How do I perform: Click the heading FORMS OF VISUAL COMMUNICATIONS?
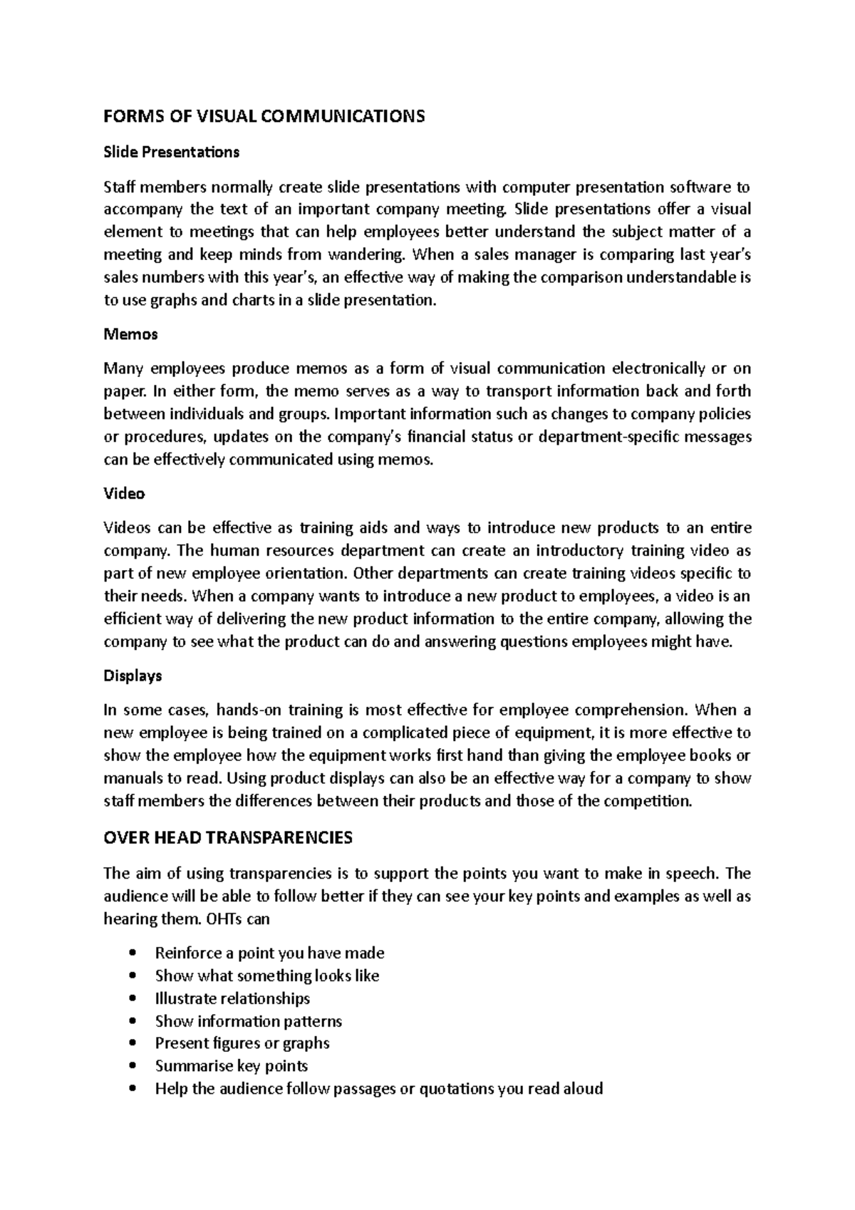[264, 116]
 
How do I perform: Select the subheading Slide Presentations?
[171, 152]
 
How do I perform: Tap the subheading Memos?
[130, 333]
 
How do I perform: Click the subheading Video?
[124, 493]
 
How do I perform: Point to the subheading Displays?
[133, 675]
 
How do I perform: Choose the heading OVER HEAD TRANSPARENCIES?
[228, 837]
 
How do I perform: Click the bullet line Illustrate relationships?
[232, 998]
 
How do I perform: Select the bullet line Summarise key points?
[232, 1066]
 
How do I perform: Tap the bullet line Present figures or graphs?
[242, 1043]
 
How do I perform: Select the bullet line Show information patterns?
[248, 1021]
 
